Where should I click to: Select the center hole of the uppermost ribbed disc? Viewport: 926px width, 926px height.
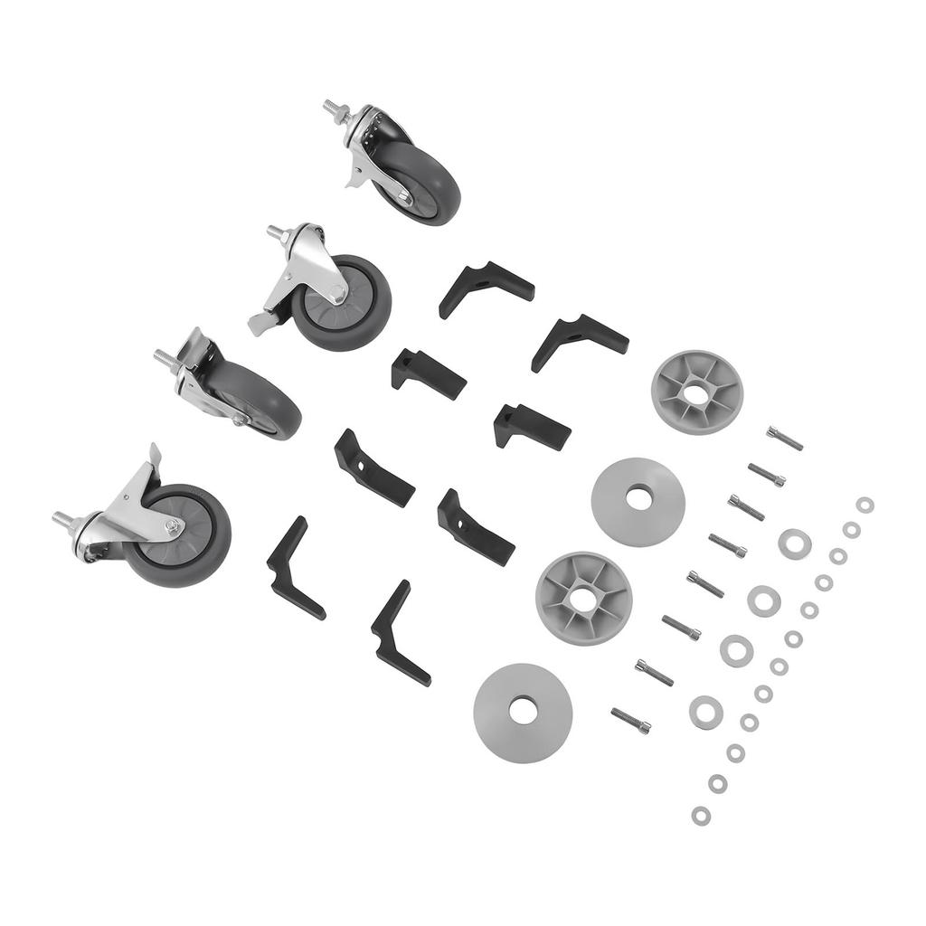696,393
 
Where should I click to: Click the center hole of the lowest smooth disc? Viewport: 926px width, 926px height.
523,711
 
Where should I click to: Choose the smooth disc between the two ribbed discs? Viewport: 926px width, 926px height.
638,501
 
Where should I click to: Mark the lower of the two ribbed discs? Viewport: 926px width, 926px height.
583,598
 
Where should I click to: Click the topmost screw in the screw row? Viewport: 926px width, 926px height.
784,438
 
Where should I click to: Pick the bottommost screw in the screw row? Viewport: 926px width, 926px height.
630,720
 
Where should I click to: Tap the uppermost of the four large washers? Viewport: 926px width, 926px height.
795,543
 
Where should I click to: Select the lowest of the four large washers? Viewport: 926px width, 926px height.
705,712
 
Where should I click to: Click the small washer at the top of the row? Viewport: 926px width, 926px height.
865,505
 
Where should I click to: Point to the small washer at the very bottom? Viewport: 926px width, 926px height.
701,816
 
